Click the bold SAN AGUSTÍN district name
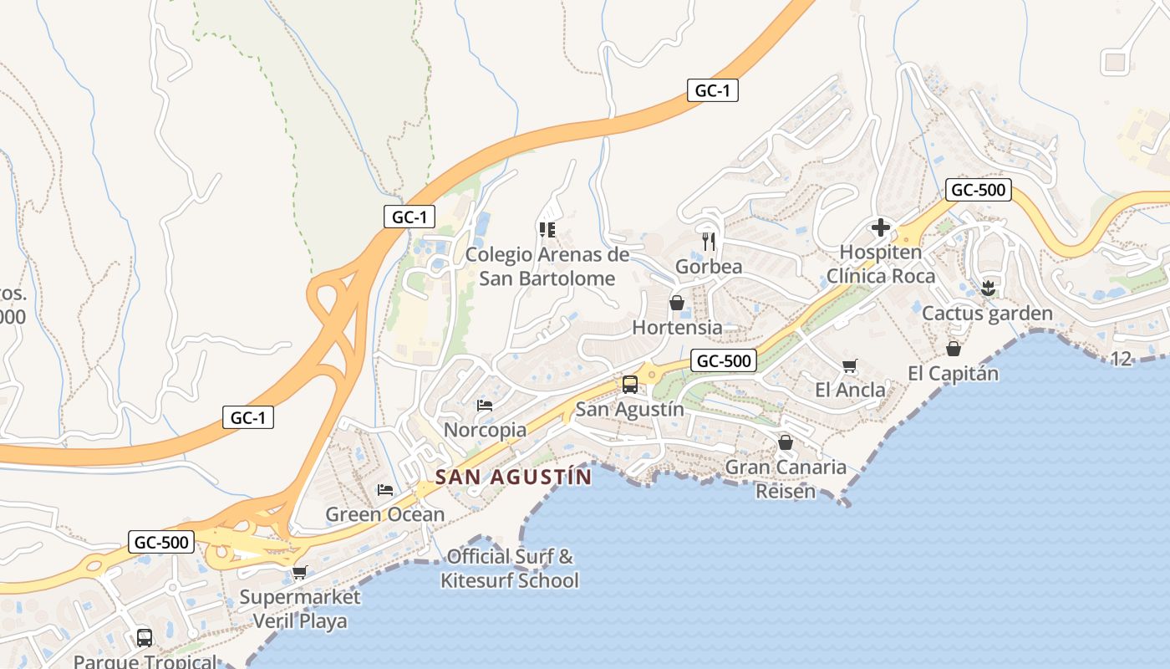(x=513, y=477)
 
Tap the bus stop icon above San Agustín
(x=630, y=385)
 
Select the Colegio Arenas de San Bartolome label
(x=547, y=266)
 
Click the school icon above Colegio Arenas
(x=547, y=229)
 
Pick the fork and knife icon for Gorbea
(x=709, y=242)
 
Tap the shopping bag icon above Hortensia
(x=677, y=302)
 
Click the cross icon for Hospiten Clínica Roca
(x=880, y=227)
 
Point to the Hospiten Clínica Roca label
(x=881, y=264)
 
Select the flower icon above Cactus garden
(x=989, y=289)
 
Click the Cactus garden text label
(x=987, y=314)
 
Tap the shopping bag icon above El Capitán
(x=954, y=349)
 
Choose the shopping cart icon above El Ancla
(x=850, y=365)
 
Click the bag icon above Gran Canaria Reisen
(x=786, y=442)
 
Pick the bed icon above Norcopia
(x=484, y=406)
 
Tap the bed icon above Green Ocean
(x=384, y=489)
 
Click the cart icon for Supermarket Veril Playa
(x=299, y=573)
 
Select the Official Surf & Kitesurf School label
(x=510, y=568)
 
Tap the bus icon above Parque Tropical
(x=145, y=637)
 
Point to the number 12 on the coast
(x=1122, y=359)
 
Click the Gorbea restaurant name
(x=709, y=267)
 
